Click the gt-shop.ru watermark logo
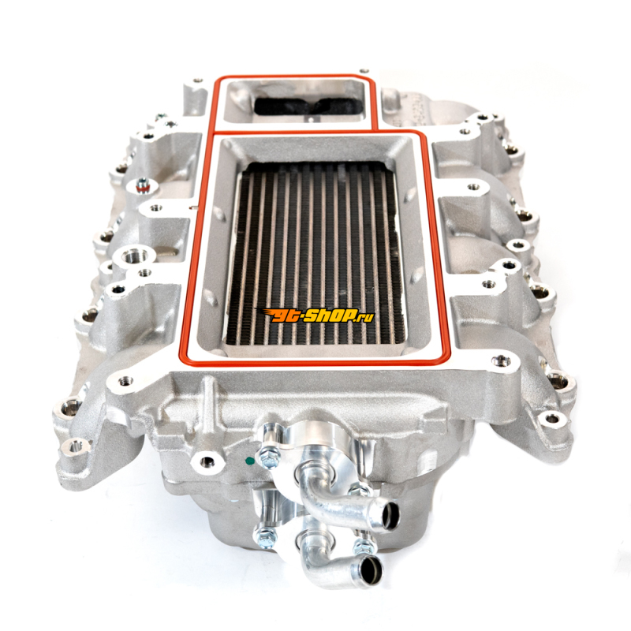click(x=315, y=315)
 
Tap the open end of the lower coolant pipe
click(x=368, y=569)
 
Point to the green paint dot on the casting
click(x=248, y=460)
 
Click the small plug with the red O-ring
click(x=142, y=187)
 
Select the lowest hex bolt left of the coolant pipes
click(x=263, y=535)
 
